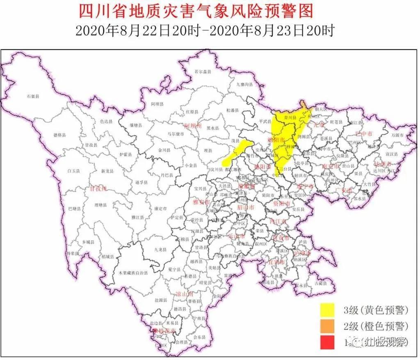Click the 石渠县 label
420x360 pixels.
[x=32, y=96]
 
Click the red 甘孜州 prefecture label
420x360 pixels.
[x=98, y=189]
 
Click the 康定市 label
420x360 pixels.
[x=160, y=209]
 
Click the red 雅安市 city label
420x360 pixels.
[x=201, y=202]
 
